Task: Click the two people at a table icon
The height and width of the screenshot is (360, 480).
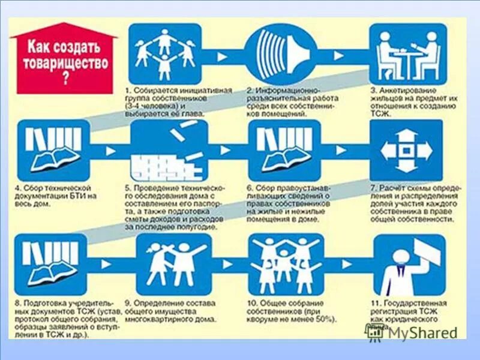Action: click(407, 54)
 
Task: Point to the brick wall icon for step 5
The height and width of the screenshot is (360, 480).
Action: click(169, 150)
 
